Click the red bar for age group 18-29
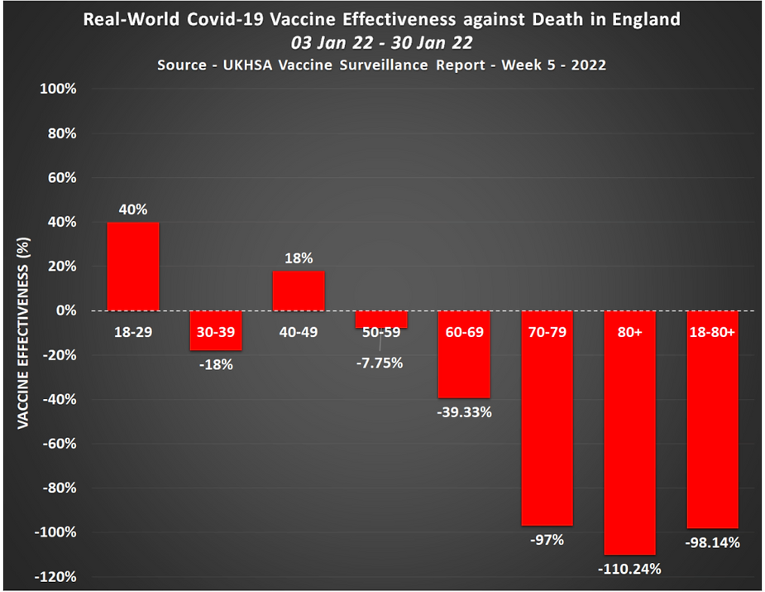click(133, 267)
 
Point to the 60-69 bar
click(464, 364)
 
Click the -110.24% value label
click(629, 569)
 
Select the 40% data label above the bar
click(133, 209)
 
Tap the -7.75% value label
click(381, 362)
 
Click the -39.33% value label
click(464, 412)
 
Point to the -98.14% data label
click(712, 543)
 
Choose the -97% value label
click(547, 541)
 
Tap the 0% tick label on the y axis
click(65, 310)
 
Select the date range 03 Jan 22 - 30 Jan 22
click(382, 41)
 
